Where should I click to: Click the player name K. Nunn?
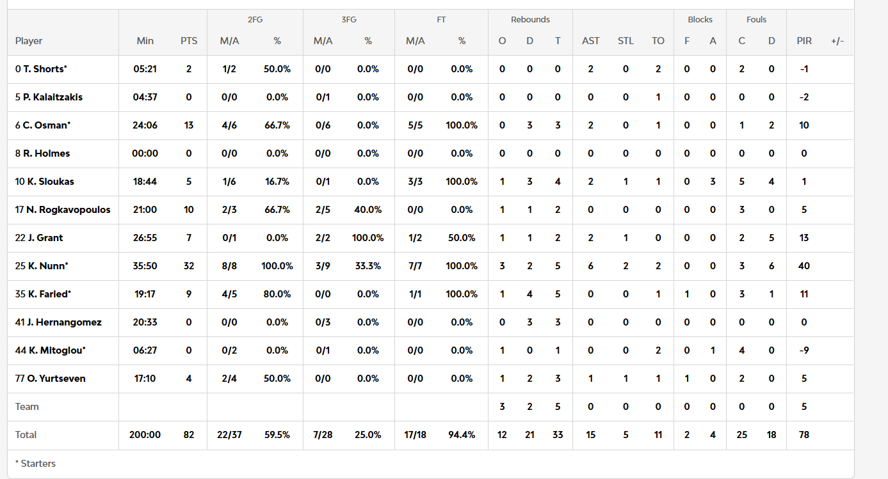tap(48, 266)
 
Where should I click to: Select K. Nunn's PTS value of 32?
tap(189, 266)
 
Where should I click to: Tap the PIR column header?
tap(804, 41)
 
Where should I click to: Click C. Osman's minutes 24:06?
tap(145, 125)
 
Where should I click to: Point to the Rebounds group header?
tap(530, 20)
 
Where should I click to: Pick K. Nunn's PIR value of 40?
tap(804, 266)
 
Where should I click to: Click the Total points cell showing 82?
tap(189, 435)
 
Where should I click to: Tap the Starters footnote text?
tap(35, 463)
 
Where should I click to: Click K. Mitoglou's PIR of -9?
tap(804, 350)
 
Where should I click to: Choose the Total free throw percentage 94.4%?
tap(462, 435)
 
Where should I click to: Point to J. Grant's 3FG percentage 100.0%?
tap(367, 238)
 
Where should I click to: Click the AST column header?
tap(590, 41)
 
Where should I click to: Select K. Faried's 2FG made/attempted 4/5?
tap(229, 294)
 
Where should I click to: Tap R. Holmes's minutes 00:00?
tap(145, 153)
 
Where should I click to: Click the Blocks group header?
tap(700, 20)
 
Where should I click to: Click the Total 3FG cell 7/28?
tap(323, 435)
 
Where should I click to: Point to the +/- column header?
tap(837, 41)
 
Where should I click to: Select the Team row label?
tap(27, 407)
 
